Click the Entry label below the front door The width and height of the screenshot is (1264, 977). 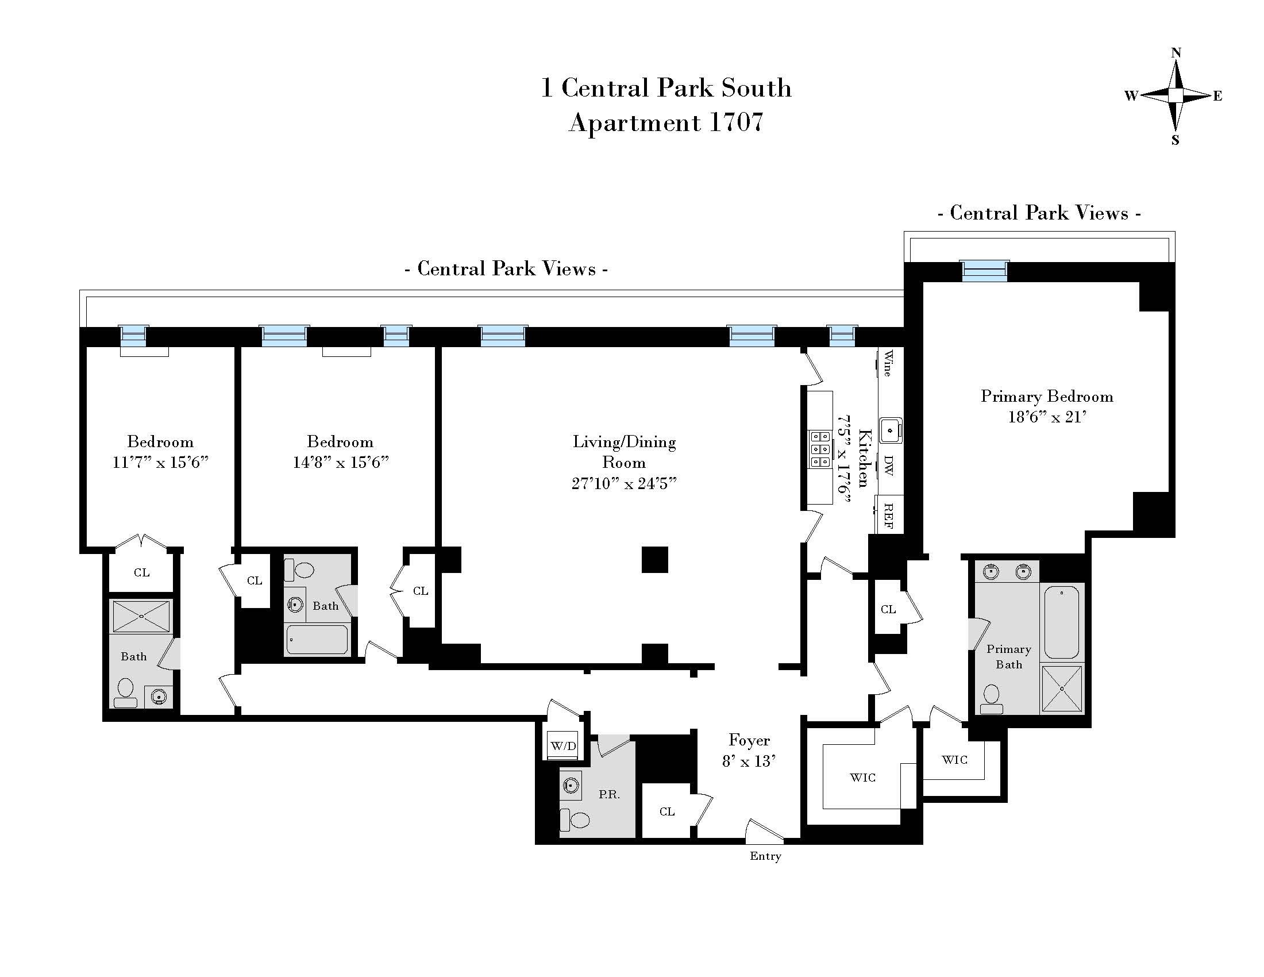[765, 856]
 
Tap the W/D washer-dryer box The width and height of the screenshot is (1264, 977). [563, 747]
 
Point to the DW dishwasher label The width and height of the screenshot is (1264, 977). [888, 465]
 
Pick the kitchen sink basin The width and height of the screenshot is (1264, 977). [891, 430]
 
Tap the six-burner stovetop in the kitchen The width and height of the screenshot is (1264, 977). [820, 449]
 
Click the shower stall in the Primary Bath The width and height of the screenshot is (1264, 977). [1061, 688]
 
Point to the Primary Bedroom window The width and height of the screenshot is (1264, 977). [984, 271]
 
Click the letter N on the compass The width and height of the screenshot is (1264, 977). [1176, 53]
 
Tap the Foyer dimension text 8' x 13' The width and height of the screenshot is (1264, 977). [749, 761]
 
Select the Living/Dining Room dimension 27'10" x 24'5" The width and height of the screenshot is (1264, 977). [624, 483]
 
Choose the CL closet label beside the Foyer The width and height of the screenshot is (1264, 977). [666, 811]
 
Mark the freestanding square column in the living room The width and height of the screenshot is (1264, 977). [654, 560]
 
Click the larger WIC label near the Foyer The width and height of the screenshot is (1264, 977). [862, 778]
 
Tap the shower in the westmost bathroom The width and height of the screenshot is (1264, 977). [142, 616]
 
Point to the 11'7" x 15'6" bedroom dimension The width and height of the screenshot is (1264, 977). [160, 463]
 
